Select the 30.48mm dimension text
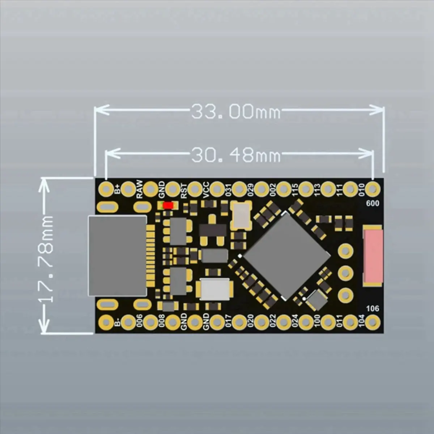point(235,155)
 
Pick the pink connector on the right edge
point(373,255)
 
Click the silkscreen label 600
point(373,204)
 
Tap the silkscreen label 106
point(373,309)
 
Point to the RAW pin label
point(140,189)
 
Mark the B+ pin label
point(118,189)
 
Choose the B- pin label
point(118,322)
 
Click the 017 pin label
point(228,321)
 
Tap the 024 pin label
point(295,321)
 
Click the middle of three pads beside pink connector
point(345,272)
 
